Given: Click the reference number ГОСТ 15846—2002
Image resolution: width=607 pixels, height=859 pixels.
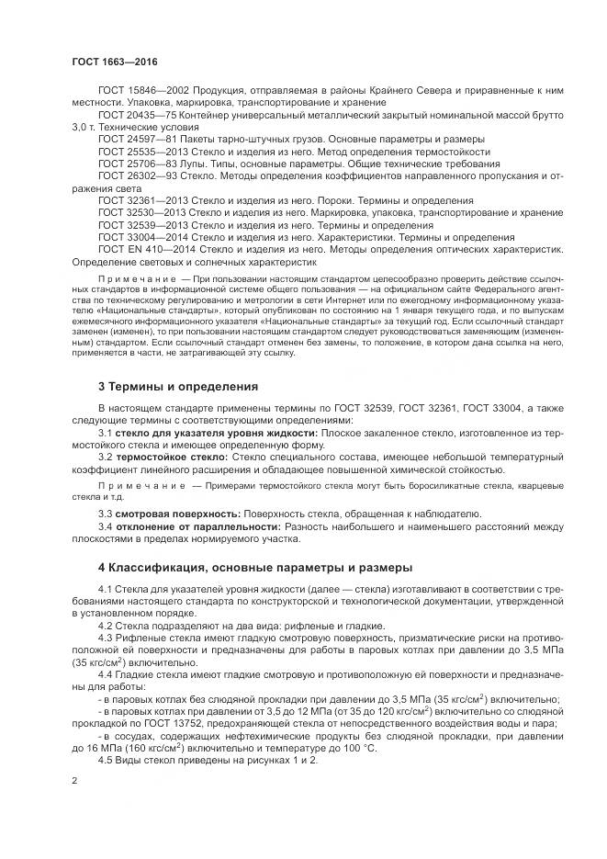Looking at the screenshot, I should (x=138, y=91).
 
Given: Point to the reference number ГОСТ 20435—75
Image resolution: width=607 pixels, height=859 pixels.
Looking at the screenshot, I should (x=134, y=115).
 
